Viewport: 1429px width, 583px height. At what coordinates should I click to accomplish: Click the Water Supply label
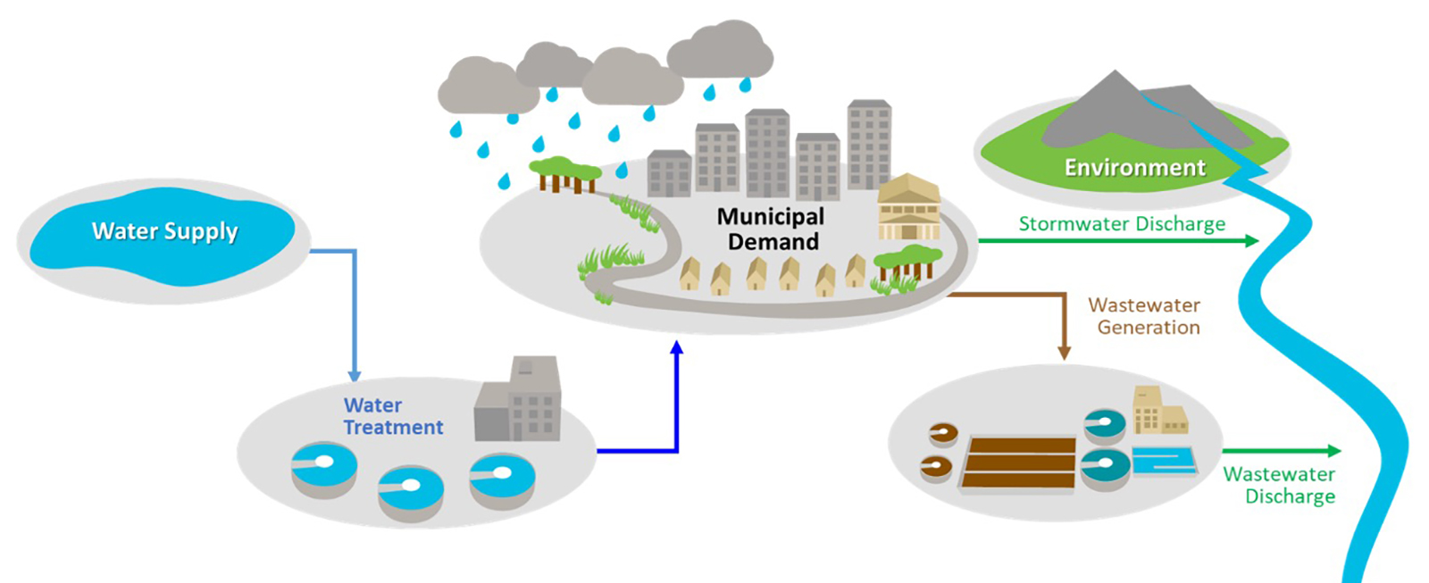(164, 231)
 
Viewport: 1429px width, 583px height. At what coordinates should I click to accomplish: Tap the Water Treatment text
(392, 416)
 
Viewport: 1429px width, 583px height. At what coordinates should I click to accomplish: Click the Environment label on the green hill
(1134, 167)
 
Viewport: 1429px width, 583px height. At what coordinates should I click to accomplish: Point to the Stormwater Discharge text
(1122, 223)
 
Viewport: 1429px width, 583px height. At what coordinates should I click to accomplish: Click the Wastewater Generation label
(1146, 316)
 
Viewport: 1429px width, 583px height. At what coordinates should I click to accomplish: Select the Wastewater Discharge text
(1279, 485)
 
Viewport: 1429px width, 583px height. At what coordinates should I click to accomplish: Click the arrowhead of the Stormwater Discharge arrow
(1252, 241)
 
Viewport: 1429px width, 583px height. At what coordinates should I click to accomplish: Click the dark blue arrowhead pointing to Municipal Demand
(677, 348)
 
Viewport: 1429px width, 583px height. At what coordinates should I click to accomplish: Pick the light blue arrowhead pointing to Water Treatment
(355, 375)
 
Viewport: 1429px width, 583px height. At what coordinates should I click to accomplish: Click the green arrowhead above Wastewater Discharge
(1334, 451)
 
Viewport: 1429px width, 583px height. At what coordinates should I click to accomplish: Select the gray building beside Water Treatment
(519, 403)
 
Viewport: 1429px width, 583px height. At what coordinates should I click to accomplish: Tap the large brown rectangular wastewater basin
(1020, 462)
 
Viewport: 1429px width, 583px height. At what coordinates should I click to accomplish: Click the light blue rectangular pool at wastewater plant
(1164, 462)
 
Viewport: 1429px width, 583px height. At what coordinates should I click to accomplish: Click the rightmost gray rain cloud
(719, 51)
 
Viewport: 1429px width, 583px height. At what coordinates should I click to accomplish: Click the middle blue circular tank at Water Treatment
(410, 488)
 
